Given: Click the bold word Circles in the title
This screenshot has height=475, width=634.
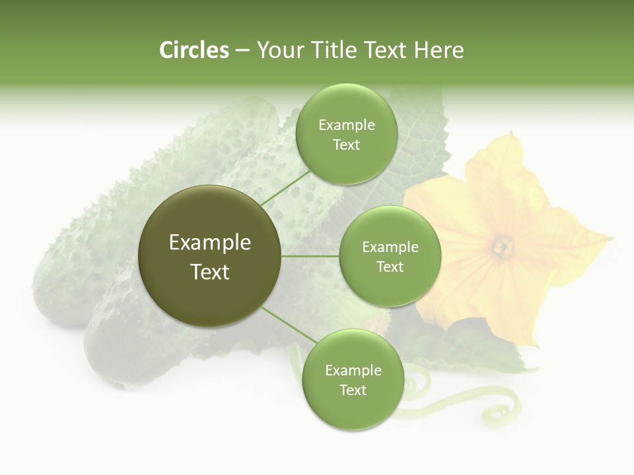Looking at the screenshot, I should (194, 50).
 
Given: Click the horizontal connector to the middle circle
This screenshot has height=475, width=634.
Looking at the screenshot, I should (310, 256).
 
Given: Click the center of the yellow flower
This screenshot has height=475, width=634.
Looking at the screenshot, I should (503, 248).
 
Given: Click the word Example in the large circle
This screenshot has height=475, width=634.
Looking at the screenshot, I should (210, 242).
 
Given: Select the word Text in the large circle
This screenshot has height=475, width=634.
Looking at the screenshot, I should (210, 272).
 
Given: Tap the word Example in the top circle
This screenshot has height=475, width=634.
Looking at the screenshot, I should (346, 125).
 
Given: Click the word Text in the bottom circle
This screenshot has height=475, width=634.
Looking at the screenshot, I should (353, 390).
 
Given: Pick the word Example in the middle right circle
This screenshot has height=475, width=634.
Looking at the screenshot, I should (390, 247).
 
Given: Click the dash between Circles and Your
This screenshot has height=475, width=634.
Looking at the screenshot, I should (242, 50).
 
